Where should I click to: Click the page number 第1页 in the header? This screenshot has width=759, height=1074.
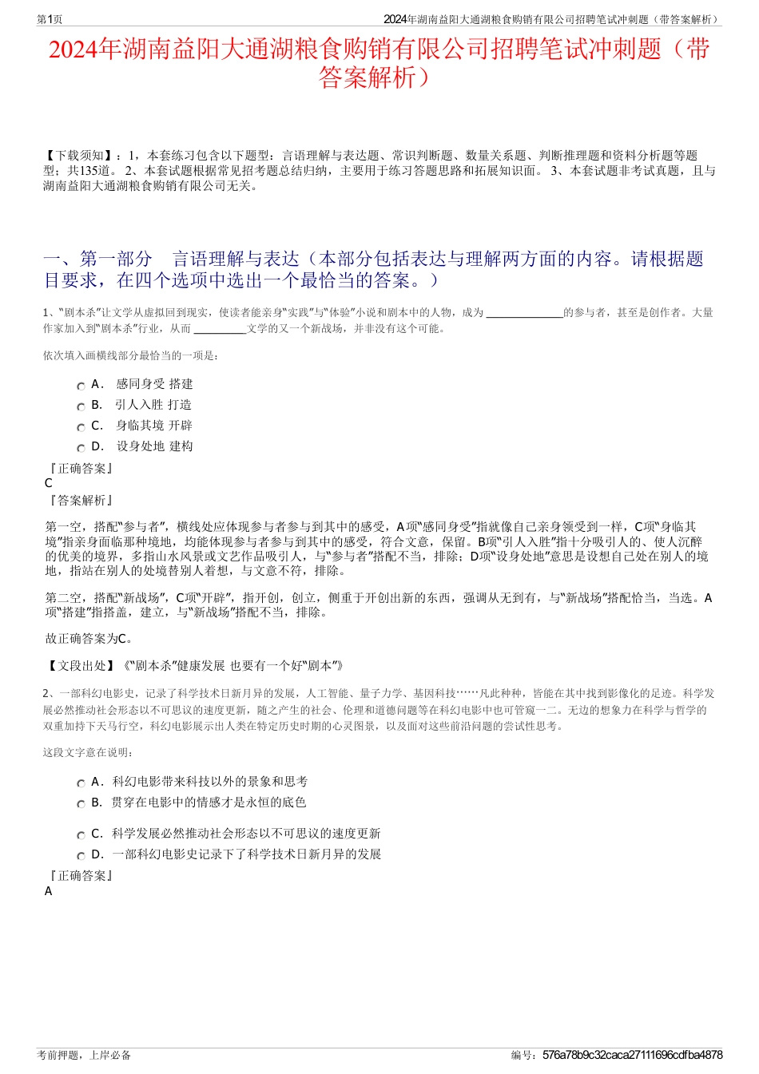point(50,19)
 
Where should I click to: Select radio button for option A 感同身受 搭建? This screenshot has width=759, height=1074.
point(81,386)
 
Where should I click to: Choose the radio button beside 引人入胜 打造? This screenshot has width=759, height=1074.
point(81,407)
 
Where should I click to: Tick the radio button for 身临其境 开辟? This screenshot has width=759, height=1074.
point(81,428)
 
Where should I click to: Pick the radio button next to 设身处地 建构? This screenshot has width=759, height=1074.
point(81,449)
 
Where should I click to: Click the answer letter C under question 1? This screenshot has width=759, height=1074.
point(49,483)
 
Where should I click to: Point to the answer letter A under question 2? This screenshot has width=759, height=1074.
point(49,891)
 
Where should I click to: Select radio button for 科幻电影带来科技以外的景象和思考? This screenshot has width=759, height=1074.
point(81,784)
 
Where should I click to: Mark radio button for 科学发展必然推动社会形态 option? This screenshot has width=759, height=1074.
point(81,836)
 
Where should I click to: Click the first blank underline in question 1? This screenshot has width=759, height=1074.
point(524,314)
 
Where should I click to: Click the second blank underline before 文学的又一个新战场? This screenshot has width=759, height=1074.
point(220,329)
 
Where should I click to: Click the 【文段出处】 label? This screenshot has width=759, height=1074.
point(79,665)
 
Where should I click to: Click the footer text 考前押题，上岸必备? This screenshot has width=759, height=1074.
point(84,1055)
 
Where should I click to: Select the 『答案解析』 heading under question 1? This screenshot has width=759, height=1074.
point(80,501)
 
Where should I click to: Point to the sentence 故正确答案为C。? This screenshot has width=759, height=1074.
point(89,638)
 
